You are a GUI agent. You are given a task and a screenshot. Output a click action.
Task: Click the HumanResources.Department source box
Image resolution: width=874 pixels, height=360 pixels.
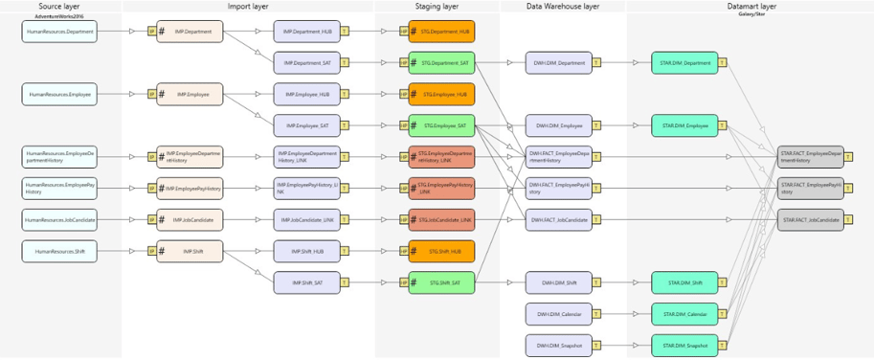coord(59,31)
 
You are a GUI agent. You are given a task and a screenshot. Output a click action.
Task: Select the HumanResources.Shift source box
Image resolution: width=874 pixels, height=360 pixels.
coord(59,251)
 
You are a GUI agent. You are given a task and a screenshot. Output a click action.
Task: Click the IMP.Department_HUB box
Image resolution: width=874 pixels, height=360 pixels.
coord(306,31)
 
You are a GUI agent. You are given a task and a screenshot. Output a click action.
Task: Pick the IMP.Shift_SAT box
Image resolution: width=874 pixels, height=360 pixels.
coord(306,282)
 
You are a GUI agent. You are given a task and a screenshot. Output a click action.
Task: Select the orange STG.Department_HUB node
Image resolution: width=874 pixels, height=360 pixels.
coord(441,31)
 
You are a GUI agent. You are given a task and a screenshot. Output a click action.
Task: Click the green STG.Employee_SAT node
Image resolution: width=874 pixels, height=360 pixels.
coord(441,125)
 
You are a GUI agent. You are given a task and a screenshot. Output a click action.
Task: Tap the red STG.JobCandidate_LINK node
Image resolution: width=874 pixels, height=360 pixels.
coord(441,220)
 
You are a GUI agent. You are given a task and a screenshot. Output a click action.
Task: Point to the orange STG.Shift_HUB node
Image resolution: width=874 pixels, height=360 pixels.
coord(441,251)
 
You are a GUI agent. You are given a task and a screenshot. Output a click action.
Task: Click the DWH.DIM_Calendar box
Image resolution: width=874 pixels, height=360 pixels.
coord(559,314)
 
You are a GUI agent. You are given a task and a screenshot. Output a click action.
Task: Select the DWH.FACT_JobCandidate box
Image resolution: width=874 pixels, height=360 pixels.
coord(559,220)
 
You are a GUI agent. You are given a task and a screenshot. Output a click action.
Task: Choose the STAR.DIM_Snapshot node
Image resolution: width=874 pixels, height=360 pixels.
coord(684,345)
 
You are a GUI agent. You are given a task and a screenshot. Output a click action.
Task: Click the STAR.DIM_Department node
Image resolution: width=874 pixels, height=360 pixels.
coord(684,63)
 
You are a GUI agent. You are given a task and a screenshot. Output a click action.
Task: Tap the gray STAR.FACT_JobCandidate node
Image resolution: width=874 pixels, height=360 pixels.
coord(810,220)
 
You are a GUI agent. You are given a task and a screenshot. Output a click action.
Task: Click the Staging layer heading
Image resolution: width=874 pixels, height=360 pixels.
coord(437,6)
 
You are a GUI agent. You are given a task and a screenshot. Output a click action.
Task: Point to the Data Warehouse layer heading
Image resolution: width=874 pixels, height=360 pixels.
coord(563,6)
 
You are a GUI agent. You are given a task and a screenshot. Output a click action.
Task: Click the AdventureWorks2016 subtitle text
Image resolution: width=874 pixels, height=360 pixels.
coord(59,16)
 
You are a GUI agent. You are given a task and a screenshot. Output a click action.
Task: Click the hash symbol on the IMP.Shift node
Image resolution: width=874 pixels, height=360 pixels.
coord(162,251)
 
